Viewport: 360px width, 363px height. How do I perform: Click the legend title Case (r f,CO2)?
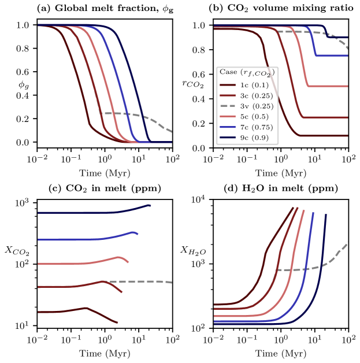point(247,72)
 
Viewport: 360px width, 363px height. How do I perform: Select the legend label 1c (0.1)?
point(253,85)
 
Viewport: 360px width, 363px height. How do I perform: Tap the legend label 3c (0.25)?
point(254,95)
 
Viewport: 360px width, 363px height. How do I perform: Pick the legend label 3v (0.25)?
point(254,106)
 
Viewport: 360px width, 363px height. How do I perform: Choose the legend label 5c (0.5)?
point(253,116)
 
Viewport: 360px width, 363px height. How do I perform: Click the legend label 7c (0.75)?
point(254,127)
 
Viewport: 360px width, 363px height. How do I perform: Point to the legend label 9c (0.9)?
point(253,137)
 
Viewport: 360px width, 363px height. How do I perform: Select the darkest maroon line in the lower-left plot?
point(58,312)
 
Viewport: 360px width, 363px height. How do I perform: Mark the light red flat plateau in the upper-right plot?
point(329,86)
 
